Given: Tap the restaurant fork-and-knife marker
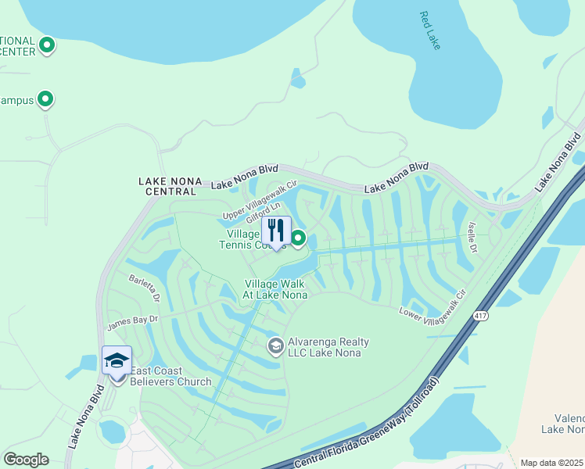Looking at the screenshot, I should (x=276, y=231).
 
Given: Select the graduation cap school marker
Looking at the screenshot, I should (x=117, y=361).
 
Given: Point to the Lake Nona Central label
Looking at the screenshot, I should (x=167, y=186).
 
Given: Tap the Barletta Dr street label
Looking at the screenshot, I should (x=145, y=288).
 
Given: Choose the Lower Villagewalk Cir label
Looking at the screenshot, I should (x=432, y=306).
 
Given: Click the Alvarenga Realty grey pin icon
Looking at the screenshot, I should (x=275, y=345).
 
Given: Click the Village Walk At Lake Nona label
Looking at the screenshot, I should (x=275, y=289).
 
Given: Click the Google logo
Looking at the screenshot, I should (x=26, y=459).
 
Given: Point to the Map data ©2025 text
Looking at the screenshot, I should (x=552, y=463).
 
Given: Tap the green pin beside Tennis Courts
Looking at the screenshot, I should (x=298, y=238).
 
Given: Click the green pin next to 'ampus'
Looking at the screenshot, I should (x=45, y=99).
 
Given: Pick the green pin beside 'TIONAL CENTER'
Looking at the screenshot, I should (x=47, y=45).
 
